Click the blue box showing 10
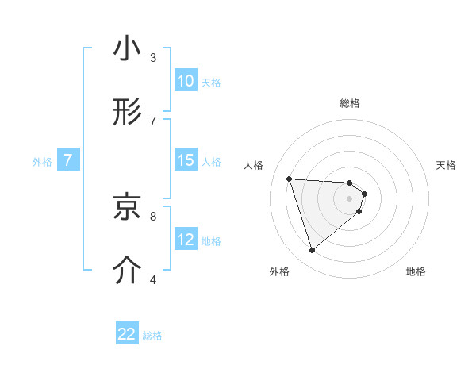coord(185,81)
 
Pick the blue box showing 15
coord(185,160)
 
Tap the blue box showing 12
coord(185,240)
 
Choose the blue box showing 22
coord(127,334)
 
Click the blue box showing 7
coord(68,160)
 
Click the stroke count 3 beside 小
coord(153,58)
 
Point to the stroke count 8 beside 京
coord(153,215)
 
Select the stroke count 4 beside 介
coord(153,279)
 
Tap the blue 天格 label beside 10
coord(210,82)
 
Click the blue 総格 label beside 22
coord(152,335)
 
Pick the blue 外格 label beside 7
coord(42,161)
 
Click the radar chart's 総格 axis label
coord(350,103)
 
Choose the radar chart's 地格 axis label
coord(416,271)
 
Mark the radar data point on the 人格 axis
coord(290,179)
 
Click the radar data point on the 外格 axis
coord(312,251)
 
